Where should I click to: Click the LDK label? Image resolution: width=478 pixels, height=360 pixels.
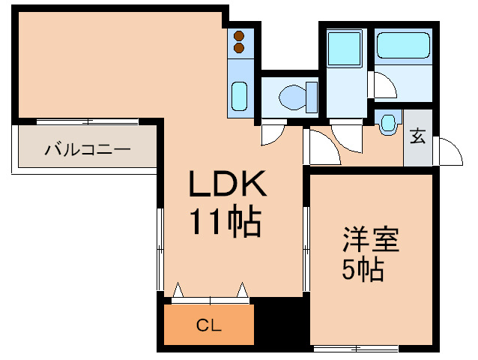point(228,183)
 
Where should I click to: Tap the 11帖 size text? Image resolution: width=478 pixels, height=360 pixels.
point(226,221)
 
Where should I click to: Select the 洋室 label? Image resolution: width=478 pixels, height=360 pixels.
point(371,239)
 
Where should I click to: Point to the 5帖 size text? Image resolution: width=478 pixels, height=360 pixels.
point(363,269)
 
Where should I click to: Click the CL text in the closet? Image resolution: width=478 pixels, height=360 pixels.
point(209,325)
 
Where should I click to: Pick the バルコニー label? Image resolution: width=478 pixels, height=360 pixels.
point(88,150)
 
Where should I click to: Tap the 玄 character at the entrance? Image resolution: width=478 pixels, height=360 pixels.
point(417,136)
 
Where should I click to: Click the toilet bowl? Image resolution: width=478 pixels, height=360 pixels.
point(292,97)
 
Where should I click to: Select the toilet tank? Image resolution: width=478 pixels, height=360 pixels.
point(312,97)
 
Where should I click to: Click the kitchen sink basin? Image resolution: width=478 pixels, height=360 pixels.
point(239,96)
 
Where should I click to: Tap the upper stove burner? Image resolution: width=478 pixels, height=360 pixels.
point(239,36)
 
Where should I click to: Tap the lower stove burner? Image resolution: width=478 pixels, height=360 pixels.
point(239,48)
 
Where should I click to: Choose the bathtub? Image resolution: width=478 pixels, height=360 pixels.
point(403,46)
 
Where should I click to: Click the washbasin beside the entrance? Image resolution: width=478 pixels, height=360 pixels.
point(388,123)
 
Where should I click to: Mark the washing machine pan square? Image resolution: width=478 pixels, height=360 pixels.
point(345,48)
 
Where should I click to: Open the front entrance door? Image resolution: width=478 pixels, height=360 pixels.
point(448,151)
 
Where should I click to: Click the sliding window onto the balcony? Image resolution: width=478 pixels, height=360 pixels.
point(88,122)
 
